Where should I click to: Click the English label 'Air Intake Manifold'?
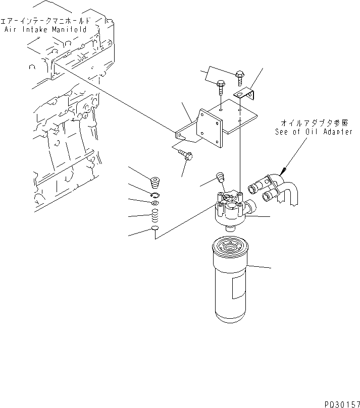point(45,30)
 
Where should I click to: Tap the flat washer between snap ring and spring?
point(156,203)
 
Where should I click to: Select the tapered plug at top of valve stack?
point(156,180)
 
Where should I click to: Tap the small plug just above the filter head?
point(220,177)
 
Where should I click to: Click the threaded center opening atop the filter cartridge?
point(233,247)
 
